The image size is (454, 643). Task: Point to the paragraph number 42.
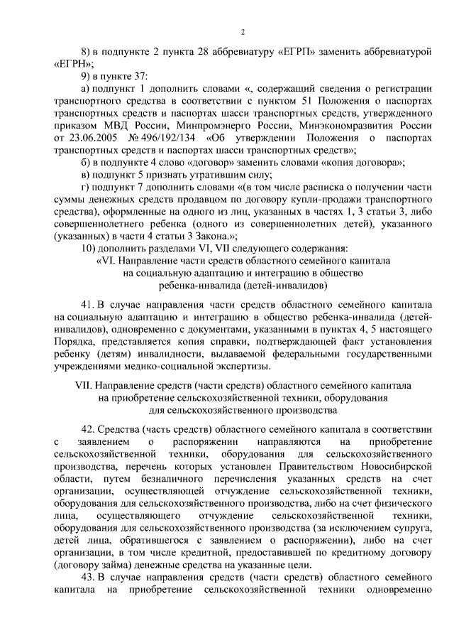click(x=89, y=428)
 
